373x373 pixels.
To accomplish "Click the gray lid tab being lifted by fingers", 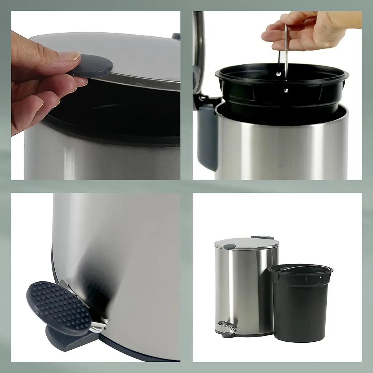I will [93, 66].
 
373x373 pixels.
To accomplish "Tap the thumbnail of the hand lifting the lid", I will [96, 95].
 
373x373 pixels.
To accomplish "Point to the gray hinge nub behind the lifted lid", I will [176, 36].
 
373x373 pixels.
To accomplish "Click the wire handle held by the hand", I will [286, 55].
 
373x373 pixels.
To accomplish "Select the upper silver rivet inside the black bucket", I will [279, 74].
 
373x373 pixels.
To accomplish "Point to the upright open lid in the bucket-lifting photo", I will [199, 51].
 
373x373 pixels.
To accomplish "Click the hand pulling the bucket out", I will [306, 31].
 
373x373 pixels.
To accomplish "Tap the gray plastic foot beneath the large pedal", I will [69, 339].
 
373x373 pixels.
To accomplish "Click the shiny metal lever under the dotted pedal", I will [98, 326].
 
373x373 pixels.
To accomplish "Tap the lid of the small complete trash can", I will [246, 243].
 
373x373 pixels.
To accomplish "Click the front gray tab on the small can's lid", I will [229, 247].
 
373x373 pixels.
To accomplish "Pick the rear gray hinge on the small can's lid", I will [262, 237].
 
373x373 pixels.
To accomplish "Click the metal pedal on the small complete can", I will [227, 326].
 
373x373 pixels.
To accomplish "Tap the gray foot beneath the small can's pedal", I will [228, 335].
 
